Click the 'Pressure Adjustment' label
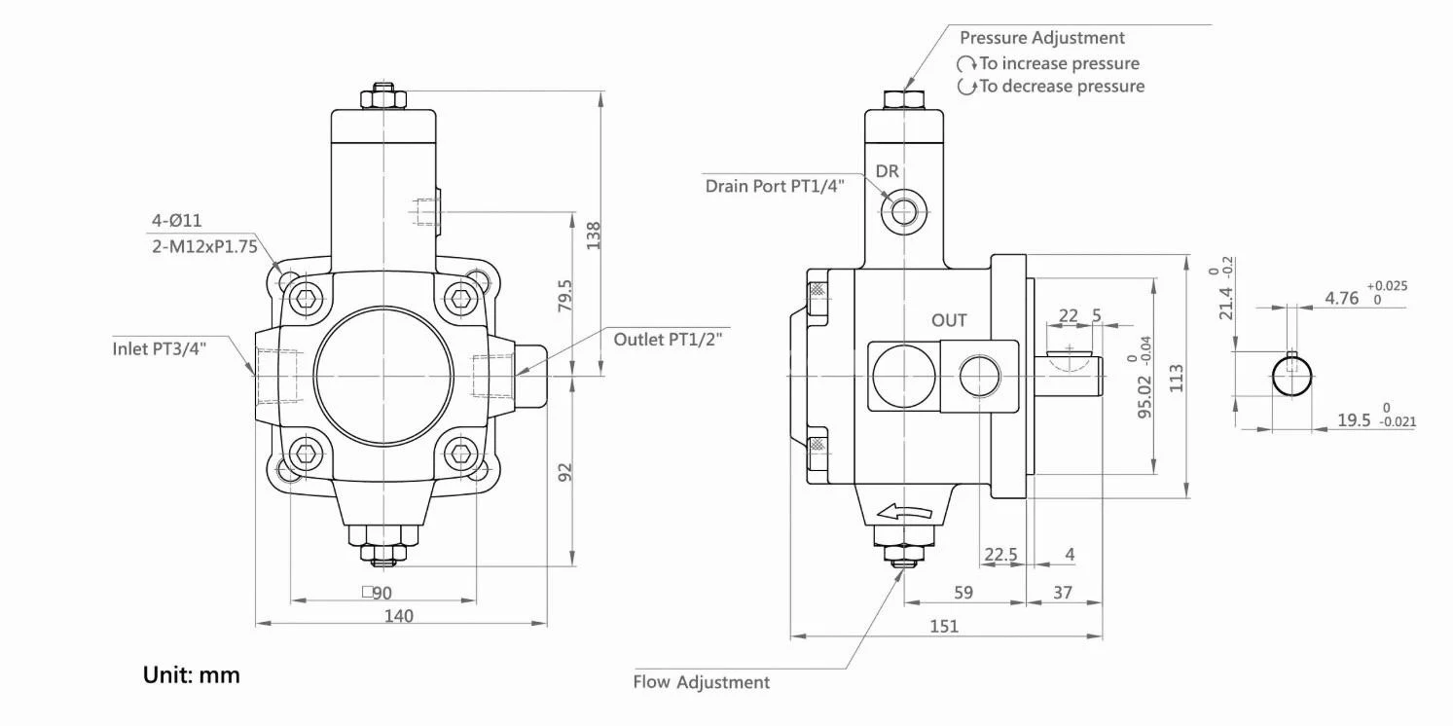1041,38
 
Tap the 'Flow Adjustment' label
701,682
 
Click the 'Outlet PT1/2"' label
672,340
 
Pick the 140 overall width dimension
399,615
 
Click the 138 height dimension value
593,236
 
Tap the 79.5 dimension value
565,297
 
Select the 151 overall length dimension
944,626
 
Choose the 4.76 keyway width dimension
1342,298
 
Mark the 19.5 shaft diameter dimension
1354,419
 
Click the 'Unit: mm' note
191,674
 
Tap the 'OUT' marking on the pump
949,320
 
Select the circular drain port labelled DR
904,209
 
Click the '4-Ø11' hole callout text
177,221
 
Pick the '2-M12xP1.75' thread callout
204,246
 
